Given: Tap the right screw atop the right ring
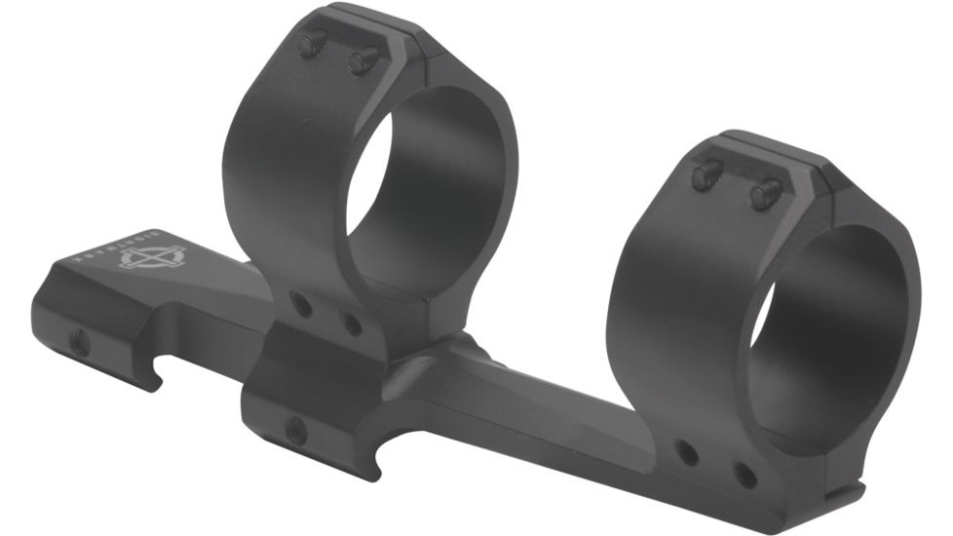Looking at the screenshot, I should tap(766, 194).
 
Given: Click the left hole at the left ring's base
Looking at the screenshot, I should tap(302, 306).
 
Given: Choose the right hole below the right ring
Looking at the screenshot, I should tap(743, 476).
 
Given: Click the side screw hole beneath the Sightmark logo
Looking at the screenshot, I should tap(81, 341).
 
